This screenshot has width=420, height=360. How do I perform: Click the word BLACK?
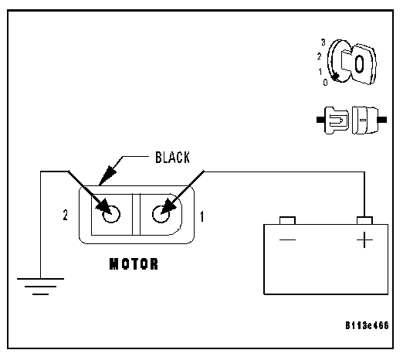click(172, 158)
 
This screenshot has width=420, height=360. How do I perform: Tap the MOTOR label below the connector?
click(134, 263)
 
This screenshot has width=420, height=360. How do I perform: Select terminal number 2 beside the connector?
click(66, 215)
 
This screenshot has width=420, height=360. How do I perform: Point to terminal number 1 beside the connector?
click(202, 216)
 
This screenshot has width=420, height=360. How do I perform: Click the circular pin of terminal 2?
click(111, 214)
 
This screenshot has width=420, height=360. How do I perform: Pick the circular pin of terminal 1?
click(161, 214)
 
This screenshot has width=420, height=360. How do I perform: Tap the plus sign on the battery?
click(364, 239)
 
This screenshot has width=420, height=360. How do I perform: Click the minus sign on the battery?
click(287, 239)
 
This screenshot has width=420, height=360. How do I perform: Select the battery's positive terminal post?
click(364, 221)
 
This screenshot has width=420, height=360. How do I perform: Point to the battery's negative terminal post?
click(287, 221)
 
